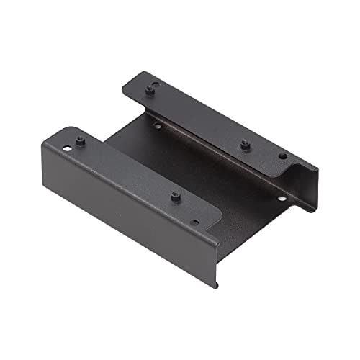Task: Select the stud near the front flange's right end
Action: click(x=175, y=195)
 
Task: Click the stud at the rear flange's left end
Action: click(x=151, y=89)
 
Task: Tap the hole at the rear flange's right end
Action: click(x=282, y=156)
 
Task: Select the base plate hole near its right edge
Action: click(x=282, y=198)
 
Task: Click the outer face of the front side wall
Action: click(x=122, y=209)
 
